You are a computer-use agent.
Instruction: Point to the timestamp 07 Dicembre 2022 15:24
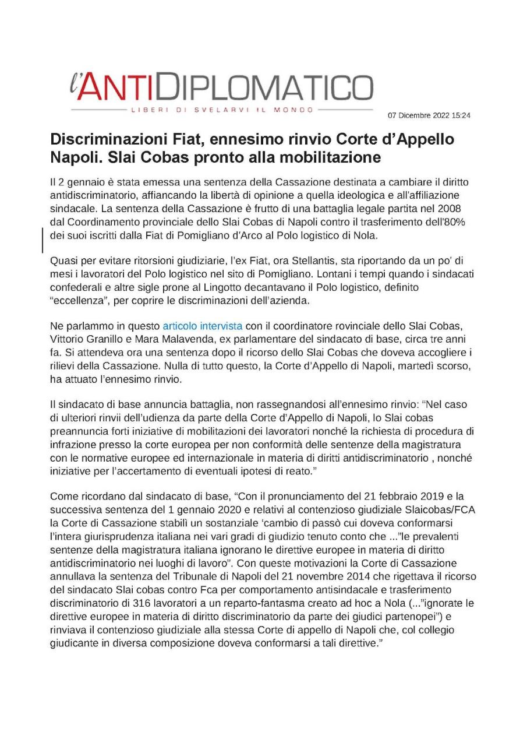[x=429, y=115]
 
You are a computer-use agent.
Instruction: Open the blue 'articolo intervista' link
[x=202, y=325]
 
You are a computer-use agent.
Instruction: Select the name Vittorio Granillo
[x=88, y=338]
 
